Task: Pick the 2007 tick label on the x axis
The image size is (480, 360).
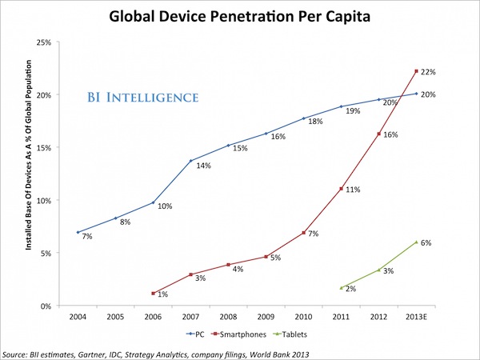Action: coord(190,317)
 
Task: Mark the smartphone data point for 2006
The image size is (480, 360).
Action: coord(153,294)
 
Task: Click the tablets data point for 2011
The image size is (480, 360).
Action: coord(342,288)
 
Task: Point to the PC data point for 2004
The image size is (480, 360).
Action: coord(78,232)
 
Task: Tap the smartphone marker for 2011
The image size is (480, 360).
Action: coord(342,189)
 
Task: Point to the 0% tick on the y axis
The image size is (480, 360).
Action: coord(46,306)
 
